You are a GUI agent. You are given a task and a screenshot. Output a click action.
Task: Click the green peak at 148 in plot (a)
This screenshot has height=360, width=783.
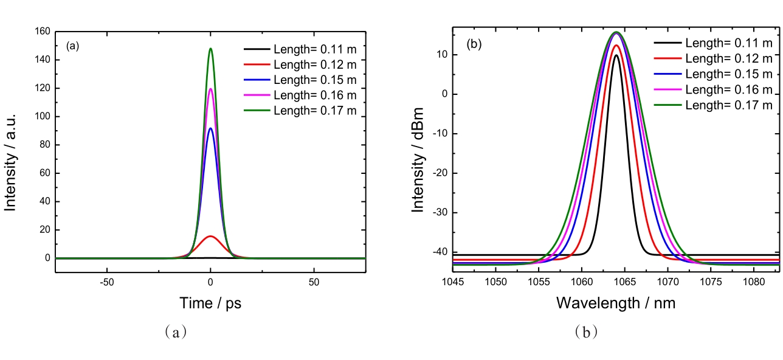pos(210,49)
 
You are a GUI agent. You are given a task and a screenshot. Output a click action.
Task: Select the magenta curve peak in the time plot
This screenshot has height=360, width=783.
pos(210,89)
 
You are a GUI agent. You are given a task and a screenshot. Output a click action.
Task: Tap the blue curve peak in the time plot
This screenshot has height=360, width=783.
pos(210,128)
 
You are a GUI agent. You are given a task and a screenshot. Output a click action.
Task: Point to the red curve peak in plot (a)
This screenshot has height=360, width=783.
pos(210,236)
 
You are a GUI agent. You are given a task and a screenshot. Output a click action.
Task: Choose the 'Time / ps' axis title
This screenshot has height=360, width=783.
pos(210,303)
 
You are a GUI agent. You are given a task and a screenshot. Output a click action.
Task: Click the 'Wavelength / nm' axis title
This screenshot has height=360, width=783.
pos(616,302)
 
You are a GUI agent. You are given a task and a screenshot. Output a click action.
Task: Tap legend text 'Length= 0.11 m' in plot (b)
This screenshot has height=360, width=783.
pos(729,43)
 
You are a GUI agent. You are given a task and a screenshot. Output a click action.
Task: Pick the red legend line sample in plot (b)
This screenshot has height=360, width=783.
pos(668,58)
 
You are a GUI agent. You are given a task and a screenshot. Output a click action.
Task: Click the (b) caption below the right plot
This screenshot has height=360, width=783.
pos(584,332)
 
